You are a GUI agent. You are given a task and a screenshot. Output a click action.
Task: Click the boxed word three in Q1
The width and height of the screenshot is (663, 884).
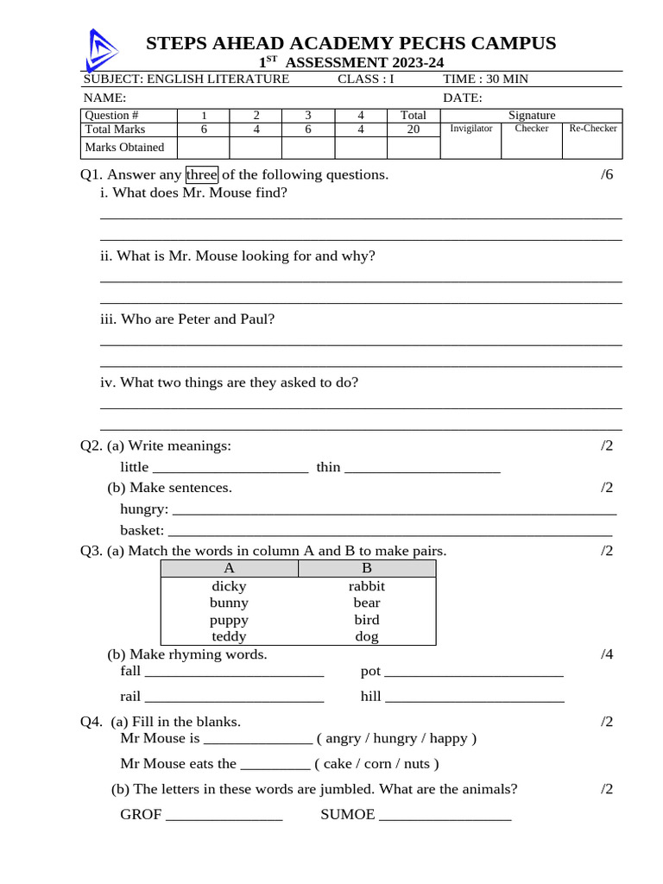pos(201,175)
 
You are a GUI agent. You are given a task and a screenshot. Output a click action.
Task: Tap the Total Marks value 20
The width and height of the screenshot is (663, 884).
pos(414,129)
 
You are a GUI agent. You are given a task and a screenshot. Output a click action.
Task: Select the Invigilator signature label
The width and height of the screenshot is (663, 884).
pos(471,129)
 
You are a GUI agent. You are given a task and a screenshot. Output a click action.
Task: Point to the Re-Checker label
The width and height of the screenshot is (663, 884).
pos(592,129)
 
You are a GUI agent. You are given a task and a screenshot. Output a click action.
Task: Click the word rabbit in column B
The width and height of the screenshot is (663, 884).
pos(367,586)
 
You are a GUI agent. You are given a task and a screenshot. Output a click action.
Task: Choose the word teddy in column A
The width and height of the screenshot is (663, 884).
pos(229,637)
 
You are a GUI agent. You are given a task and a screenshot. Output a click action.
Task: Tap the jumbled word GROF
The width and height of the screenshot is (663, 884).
pos(141,815)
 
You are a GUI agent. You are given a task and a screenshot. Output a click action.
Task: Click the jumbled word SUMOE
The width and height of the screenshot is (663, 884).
pos(348,815)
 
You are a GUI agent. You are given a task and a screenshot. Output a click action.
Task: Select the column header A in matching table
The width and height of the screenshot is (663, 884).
pos(229,568)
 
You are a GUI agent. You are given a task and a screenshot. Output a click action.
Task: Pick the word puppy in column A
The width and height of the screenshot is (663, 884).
pos(229,620)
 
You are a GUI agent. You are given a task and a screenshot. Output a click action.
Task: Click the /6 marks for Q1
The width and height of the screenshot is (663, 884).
pos(606,175)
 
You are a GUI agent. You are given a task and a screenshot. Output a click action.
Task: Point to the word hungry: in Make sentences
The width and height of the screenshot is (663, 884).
pos(144,509)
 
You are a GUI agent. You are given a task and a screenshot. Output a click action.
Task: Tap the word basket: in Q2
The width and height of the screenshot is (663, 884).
pos(142,530)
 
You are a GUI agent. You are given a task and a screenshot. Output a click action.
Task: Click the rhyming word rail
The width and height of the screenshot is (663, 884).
pos(130,697)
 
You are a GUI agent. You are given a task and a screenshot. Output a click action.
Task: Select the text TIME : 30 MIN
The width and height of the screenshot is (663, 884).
pos(485,79)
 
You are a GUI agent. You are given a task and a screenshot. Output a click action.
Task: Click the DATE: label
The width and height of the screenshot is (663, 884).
pos(463,98)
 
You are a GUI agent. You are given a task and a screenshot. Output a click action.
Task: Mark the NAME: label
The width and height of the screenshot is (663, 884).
pos(104,98)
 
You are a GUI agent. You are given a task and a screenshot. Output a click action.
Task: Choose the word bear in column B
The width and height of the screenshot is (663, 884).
pos(367,603)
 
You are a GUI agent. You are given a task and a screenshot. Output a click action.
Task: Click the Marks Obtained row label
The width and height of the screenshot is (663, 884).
pos(124,148)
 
